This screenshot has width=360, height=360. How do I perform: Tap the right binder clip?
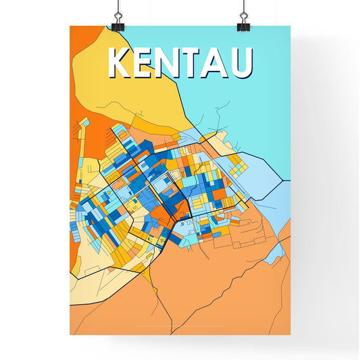click(x=242, y=22)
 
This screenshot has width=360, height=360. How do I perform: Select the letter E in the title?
click(x=145, y=63)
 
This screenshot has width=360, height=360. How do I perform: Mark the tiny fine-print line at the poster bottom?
click(x=180, y=329)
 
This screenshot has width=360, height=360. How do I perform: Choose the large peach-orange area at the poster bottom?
click(x=203, y=297)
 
